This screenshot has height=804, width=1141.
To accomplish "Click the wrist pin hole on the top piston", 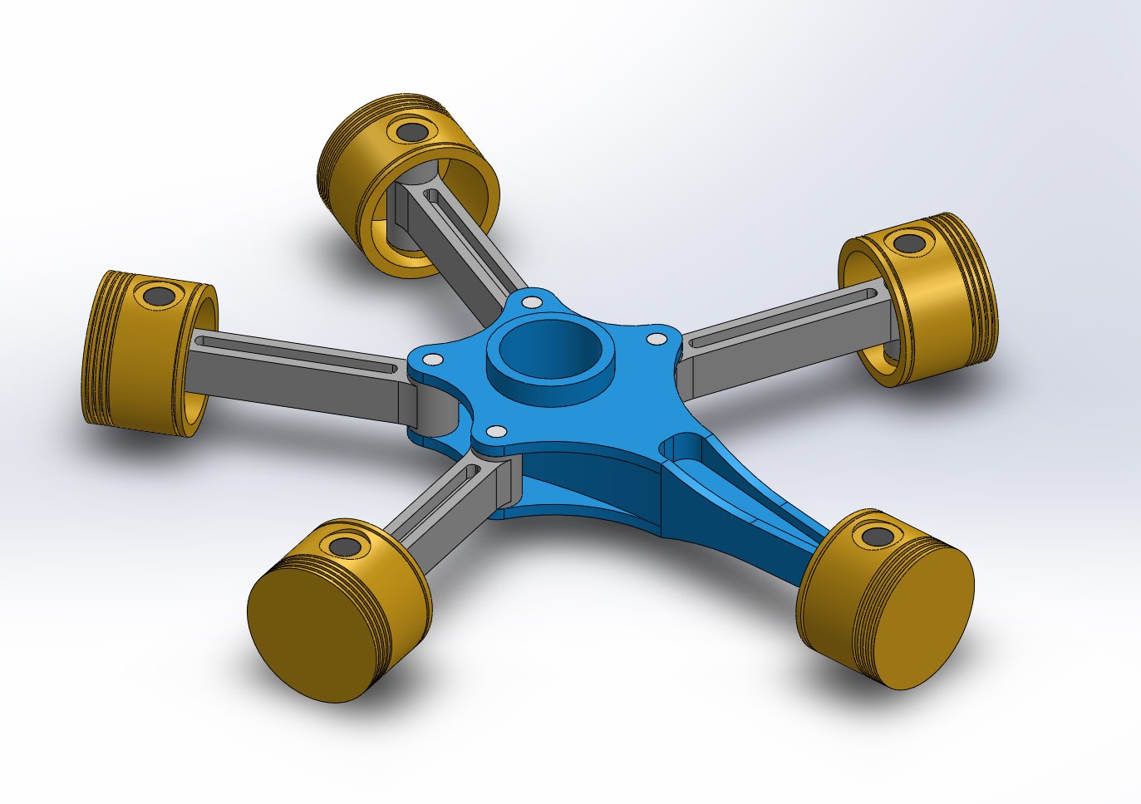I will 410,131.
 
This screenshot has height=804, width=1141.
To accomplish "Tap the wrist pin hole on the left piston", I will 156,294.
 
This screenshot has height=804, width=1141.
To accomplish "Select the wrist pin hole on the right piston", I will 905,243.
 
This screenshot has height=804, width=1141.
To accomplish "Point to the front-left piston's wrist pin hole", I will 343,546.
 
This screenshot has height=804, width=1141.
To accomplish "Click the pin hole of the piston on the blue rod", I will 875,536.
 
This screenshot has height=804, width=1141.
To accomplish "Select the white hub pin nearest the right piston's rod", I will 656,338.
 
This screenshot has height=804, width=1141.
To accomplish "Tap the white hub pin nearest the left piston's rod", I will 432,360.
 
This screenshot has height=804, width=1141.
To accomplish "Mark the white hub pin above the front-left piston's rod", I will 496,431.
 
